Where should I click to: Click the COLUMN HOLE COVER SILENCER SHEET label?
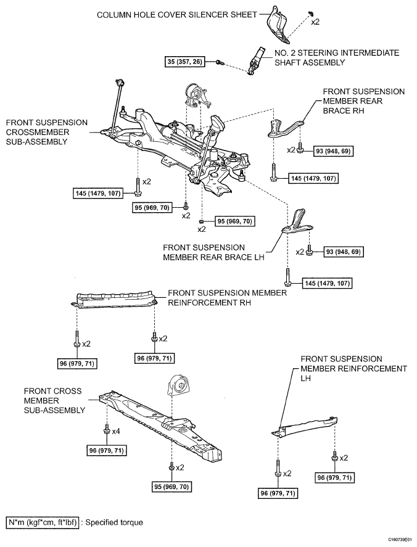click(176, 14)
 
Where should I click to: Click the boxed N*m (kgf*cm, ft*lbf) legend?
click(43, 522)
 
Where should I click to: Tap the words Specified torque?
click(114, 522)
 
